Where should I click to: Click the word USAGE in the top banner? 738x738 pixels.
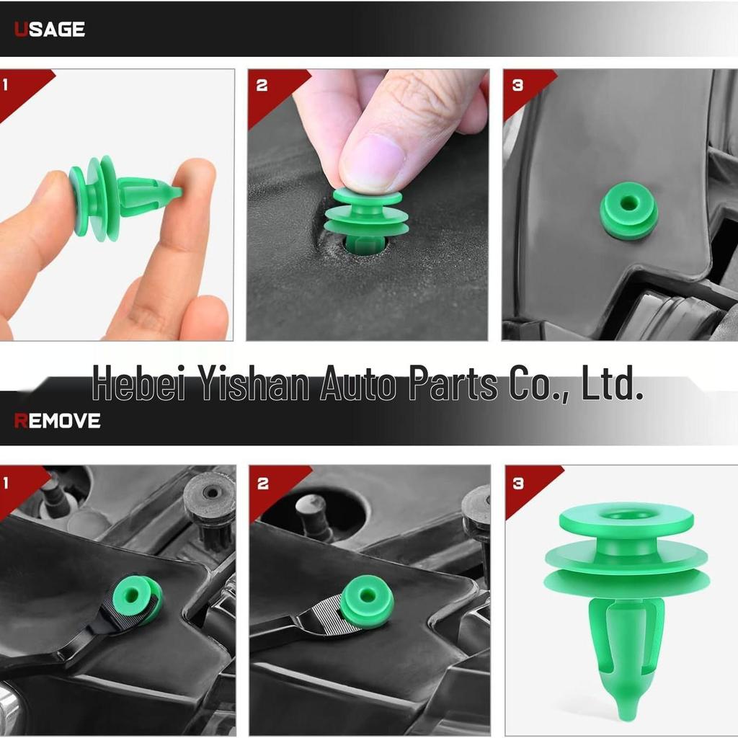(x=50, y=29)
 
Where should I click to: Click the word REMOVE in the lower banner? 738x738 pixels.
(x=58, y=421)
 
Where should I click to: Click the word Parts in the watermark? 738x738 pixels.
(x=453, y=383)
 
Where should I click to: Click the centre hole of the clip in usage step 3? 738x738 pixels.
(x=628, y=204)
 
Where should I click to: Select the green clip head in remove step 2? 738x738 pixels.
(x=367, y=602)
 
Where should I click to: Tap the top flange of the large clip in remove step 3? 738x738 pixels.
(x=626, y=520)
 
